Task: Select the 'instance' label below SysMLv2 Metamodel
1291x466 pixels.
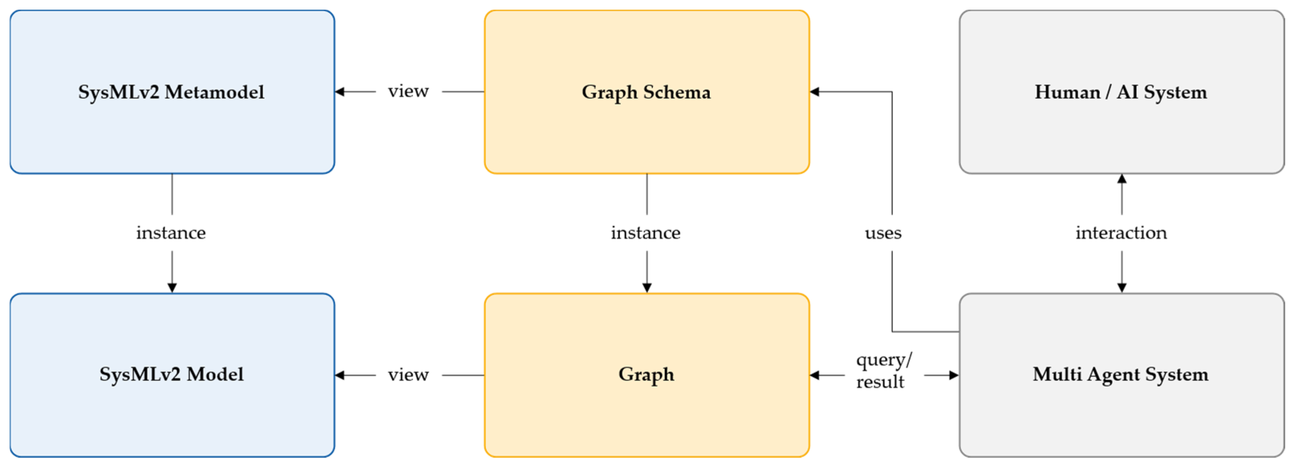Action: tap(171, 233)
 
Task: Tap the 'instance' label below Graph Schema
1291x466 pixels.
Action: tap(646, 233)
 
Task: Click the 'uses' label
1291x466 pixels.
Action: tap(883, 233)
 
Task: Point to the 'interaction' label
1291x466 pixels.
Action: tap(1121, 233)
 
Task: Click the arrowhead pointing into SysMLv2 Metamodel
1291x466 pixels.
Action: tap(340, 92)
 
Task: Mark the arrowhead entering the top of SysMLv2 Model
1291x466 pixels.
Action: tap(172, 288)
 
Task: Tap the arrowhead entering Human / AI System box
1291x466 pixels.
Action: tap(1122, 179)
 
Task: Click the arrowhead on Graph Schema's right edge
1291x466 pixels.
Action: tap(815, 92)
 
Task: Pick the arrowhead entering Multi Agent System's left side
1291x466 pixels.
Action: tap(954, 375)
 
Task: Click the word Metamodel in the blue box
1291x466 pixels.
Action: tap(215, 93)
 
